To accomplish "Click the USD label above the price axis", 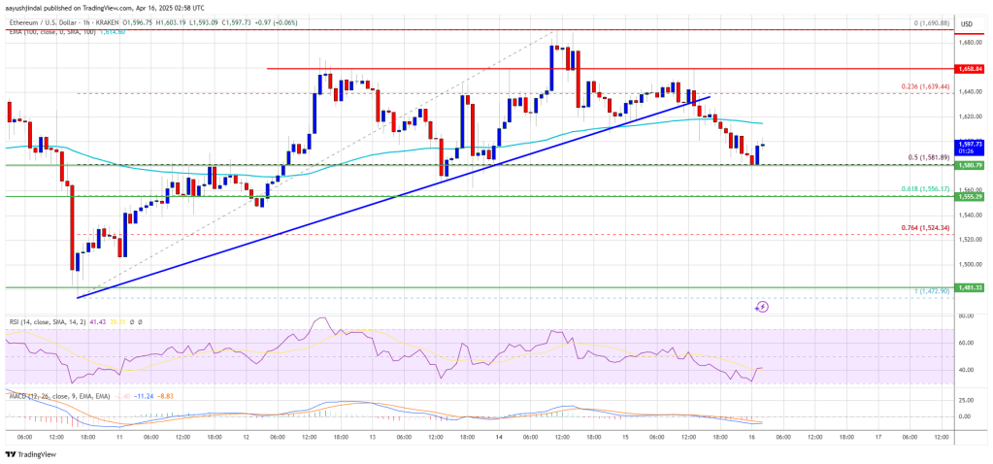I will coord(966,23).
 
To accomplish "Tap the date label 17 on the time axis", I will coord(877,437).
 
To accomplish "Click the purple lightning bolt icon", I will coord(762,307).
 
